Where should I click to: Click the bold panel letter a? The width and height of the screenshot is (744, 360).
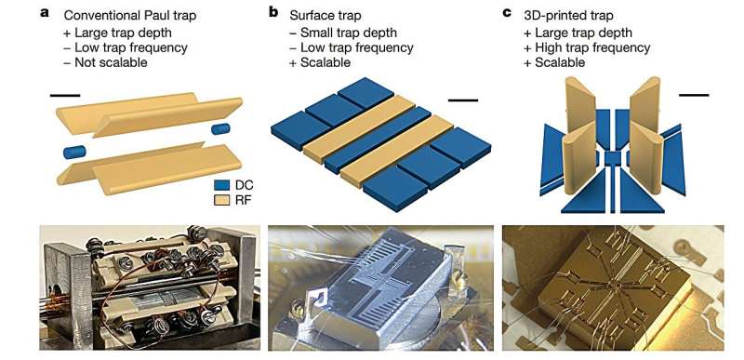[44, 13]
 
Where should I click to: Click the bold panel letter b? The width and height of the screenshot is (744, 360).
[273, 13]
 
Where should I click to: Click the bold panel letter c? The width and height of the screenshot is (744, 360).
[507, 13]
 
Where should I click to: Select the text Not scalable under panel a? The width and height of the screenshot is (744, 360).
[113, 62]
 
